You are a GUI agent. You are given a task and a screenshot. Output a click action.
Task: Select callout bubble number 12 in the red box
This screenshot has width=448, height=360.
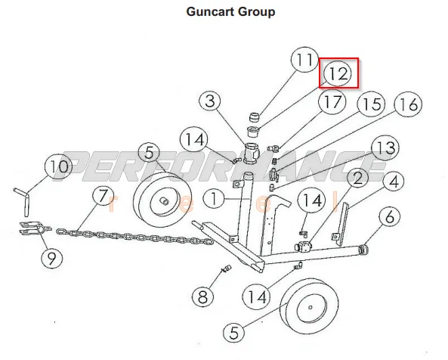point(338,73)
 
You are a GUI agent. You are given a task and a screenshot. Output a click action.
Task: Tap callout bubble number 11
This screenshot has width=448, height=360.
point(305,60)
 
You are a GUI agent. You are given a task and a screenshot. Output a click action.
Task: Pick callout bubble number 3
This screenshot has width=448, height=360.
point(210,101)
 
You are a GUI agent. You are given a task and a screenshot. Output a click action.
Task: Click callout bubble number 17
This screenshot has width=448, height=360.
point(332,102)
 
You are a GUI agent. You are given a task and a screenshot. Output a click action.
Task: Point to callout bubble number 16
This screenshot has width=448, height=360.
point(408,104)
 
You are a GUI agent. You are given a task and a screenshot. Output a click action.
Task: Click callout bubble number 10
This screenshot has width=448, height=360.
point(59,166)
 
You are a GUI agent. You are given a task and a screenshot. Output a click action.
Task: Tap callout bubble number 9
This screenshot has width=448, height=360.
point(52,258)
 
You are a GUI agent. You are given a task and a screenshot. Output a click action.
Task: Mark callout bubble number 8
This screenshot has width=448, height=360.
point(202,296)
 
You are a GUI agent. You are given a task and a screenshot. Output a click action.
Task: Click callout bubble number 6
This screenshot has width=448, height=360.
point(390,216)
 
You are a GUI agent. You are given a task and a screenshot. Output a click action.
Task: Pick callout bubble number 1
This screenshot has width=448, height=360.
point(214,198)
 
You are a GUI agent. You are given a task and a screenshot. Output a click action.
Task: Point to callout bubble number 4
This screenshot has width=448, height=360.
point(394,181)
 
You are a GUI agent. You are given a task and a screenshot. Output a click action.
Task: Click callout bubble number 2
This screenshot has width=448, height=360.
point(357,177)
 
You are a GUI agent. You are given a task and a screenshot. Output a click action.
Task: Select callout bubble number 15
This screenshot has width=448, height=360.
point(371,104)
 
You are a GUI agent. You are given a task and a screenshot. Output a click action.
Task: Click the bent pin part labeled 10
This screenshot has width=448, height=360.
point(26,203)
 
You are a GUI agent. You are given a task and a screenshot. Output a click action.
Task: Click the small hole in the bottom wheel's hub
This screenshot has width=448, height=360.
point(311,308)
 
